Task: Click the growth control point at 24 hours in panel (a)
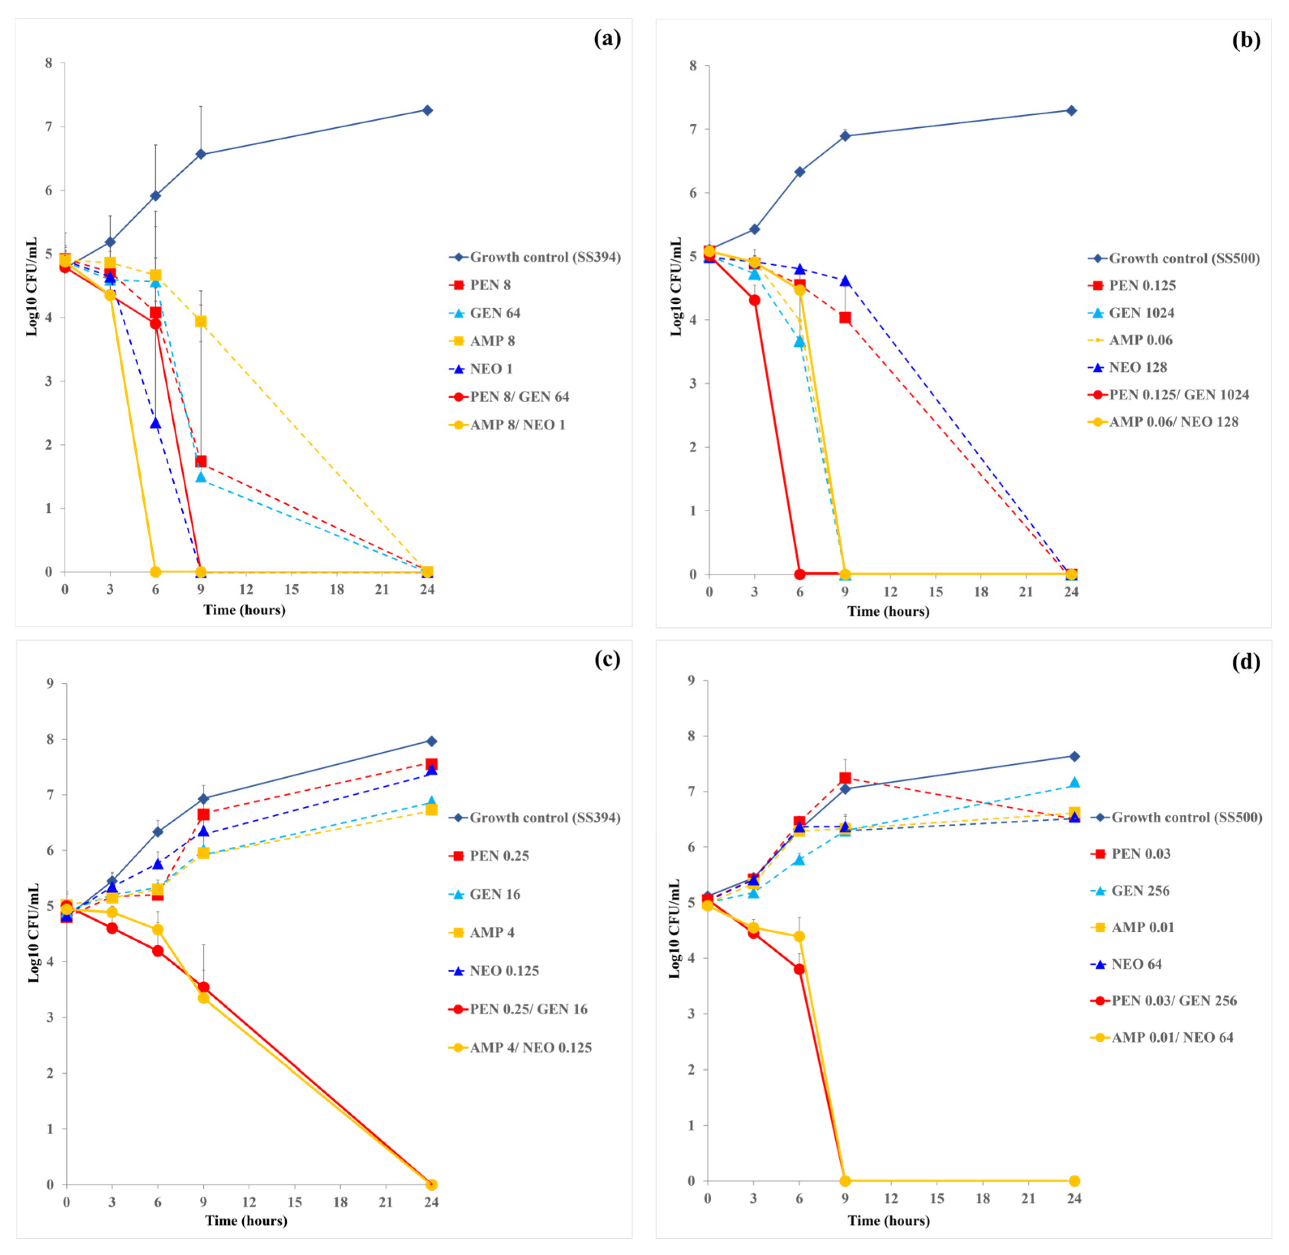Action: pyautogui.click(x=427, y=110)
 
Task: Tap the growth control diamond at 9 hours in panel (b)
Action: pyautogui.click(x=845, y=136)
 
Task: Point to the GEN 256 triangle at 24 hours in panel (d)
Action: pyautogui.click(x=1074, y=782)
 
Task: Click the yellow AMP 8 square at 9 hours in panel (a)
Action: pyautogui.click(x=201, y=322)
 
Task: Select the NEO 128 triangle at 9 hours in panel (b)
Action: pyautogui.click(x=845, y=281)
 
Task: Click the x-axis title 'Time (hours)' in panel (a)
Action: pyautogui.click(x=245, y=610)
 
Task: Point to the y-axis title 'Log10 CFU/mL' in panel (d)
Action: pyautogui.click(x=674, y=929)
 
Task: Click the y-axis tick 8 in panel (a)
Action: pyautogui.click(x=49, y=63)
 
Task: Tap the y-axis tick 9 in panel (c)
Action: pyautogui.click(x=50, y=684)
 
